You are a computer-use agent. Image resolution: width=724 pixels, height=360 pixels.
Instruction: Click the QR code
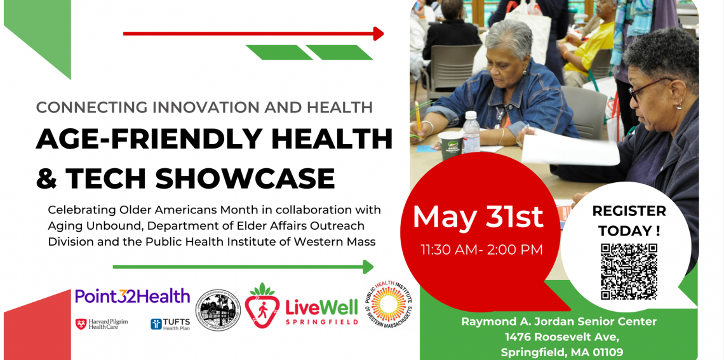(629, 271)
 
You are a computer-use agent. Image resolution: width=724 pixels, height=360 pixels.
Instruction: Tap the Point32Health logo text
(132, 296)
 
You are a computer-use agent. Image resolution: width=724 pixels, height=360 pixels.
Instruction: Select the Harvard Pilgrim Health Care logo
(102, 324)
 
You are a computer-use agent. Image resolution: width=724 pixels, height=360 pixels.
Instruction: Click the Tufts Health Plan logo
(170, 324)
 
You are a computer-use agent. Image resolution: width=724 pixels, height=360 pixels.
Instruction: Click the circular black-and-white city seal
(218, 311)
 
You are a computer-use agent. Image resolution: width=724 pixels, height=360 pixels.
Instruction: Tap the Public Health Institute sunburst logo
(388, 304)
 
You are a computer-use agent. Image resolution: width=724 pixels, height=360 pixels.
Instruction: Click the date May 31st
(478, 217)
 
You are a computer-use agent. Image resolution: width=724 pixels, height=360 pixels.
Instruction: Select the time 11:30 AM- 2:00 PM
(481, 250)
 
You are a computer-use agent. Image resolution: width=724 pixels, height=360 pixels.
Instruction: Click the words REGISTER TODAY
(629, 220)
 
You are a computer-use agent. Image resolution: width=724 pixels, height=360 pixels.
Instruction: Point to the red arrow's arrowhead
(379, 34)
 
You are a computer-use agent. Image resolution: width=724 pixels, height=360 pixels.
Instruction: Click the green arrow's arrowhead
(368, 267)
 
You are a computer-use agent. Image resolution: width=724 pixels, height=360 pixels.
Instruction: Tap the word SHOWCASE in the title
(245, 178)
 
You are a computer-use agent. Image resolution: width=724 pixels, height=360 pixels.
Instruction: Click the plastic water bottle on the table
(471, 131)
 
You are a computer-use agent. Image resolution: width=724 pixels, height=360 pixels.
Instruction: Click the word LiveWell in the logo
(321, 307)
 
